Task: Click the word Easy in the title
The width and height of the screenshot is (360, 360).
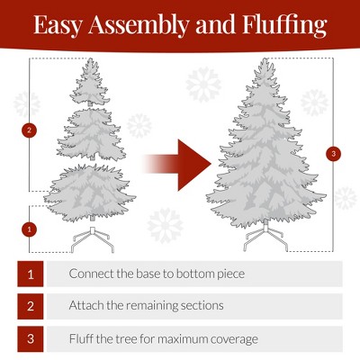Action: pyautogui.click(x=58, y=25)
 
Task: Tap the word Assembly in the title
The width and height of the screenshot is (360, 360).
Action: pyautogui.click(x=139, y=25)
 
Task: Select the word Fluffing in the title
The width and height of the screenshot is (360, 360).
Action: pyautogui.click(x=284, y=25)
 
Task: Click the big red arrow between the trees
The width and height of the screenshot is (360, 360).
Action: pyautogui.click(x=176, y=165)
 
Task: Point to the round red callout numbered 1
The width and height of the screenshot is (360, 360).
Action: pyautogui.click(x=29, y=229)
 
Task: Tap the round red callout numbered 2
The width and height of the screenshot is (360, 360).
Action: pyautogui.click(x=29, y=130)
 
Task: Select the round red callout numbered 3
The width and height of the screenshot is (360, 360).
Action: pyautogui.click(x=334, y=154)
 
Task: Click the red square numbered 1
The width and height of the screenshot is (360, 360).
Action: pyautogui.click(x=31, y=274)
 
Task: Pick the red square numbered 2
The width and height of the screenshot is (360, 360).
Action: pyautogui.click(x=31, y=306)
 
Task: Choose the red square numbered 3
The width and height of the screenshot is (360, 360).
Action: pyautogui.click(x=31, y=339)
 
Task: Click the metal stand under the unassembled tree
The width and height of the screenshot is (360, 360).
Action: pyautogui.click(x=93, y=240)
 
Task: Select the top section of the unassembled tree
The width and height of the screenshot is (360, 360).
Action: pyautogui.click(x=89, y=82)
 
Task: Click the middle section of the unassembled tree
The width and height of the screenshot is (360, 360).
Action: pyautogui.click(x=92, y=133)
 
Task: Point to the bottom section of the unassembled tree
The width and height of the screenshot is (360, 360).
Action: pyautogui.click(x=89, y=193)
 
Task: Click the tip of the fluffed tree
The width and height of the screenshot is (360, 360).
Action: pyautogui.click(x=265, y=58)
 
